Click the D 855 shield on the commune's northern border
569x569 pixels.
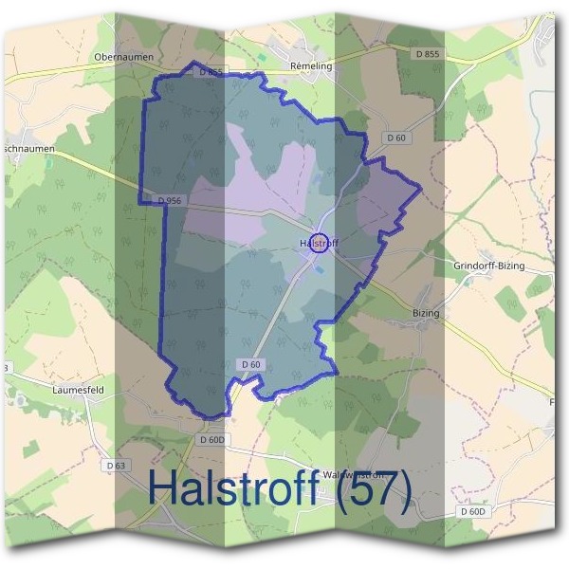click(x=211, y=72)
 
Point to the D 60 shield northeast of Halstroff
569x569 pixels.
click(x=396, y=138)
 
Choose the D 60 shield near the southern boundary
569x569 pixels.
click(x=250, y=364)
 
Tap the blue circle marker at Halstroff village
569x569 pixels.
click(x=320, y=243)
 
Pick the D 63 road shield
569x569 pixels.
click(x=116, y=466)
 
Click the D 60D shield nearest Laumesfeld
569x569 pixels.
click(x=213, y=440)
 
